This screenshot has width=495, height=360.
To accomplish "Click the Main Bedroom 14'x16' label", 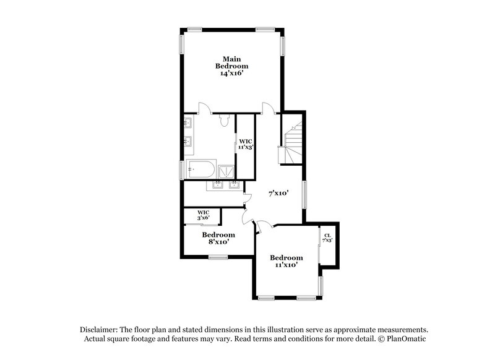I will [x=232, y=66].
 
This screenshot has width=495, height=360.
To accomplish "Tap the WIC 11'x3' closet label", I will [x=246, y=144].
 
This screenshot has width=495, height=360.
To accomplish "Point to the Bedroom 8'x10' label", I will [x=218, y=238].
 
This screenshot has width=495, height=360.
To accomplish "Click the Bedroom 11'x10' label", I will [x=286, y=261].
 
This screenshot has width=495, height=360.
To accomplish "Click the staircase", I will [x=291, y=143].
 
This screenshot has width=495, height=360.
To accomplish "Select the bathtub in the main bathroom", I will [x=201, y=169].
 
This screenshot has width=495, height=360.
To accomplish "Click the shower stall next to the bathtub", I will [x=226, y=169].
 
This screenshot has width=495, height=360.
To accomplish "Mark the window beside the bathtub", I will [x=181, y=168].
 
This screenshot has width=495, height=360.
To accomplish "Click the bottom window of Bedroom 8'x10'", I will [x=218, y=257].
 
